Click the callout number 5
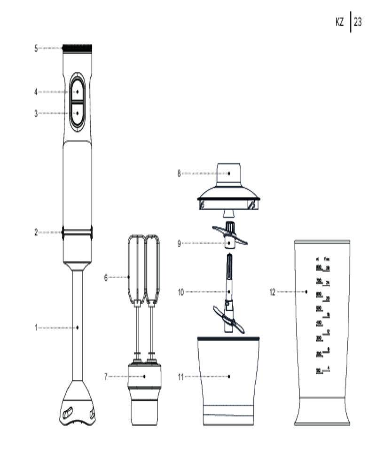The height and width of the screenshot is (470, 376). tap(36, 48)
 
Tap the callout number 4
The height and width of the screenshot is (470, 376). tap(36, 92)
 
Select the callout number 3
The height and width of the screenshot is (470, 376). tap(36, 113)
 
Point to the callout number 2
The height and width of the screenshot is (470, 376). tap(36, 232)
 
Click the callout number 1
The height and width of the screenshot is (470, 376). tap(36, 328)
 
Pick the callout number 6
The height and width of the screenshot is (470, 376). tap(106, 277)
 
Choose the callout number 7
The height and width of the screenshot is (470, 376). tap(106, 376)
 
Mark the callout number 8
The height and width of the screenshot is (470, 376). tap(179, 173)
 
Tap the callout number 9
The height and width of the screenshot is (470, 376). tap(179, 243)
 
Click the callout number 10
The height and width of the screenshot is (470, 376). tap(180, 292)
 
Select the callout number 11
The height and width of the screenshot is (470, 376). tap(180, 376)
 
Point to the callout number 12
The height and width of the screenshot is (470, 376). tap(272, 292)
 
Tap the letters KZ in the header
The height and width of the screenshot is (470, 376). tap(340, 23)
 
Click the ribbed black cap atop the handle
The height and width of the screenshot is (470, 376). tap(77, 47)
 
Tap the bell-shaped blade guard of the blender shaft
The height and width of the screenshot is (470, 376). tap(77, 404)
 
